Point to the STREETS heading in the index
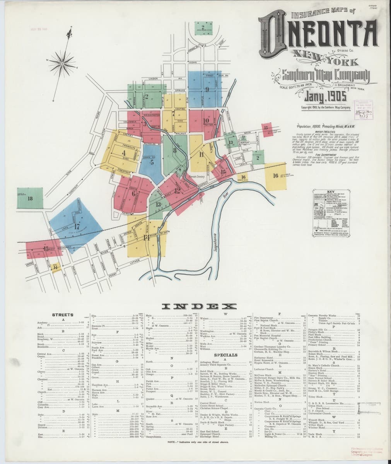pos(63,315)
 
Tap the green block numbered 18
pos(30,199)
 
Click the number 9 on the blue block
pos(207,90)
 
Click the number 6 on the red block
pos(133,193)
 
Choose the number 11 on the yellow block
pos(201,155)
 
